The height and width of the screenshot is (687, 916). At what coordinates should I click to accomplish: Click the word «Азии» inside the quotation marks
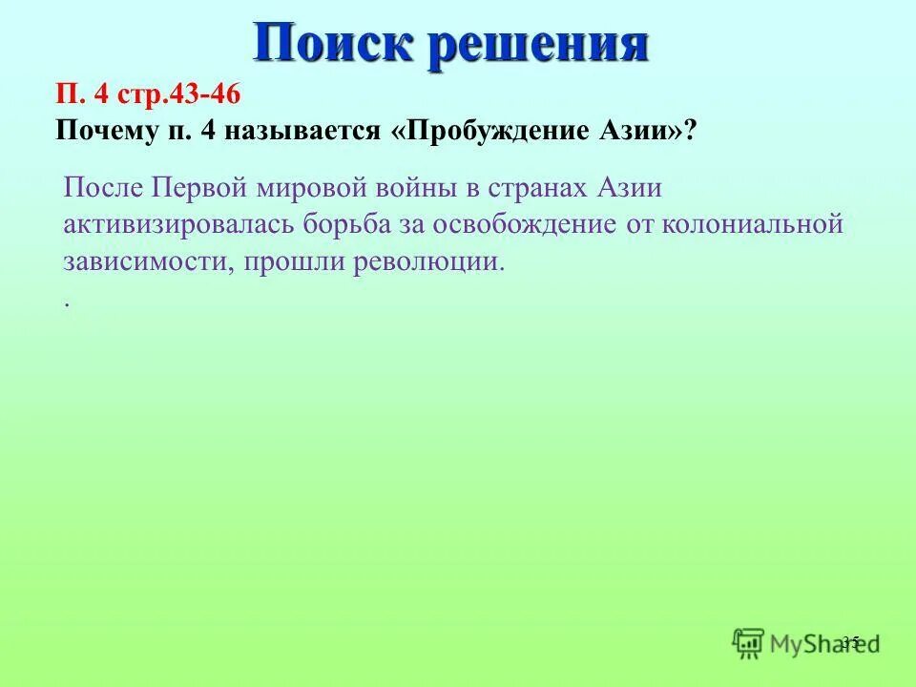pos(634,131)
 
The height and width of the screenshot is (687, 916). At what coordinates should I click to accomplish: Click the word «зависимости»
pos(143,262)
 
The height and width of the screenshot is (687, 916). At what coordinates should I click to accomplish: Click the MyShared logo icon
pos(750,643)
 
